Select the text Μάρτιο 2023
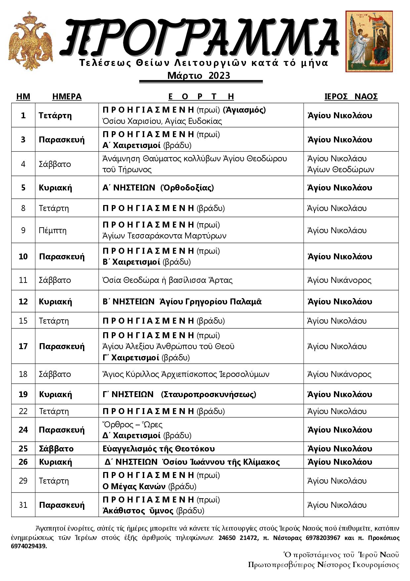pos(198,76)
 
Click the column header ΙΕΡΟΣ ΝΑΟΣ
pos(350,96)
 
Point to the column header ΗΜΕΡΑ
pos(67,96)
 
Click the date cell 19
pos(23,394)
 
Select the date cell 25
pos(23,449)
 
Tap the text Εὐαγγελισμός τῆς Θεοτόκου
pos(159,449)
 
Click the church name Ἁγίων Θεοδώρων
pos(341,170)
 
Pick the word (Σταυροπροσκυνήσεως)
pos(209,394)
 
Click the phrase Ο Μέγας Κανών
pos(134,486)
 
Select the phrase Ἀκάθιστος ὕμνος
pos(138,510)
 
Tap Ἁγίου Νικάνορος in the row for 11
pos(339,280)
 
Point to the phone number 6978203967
pos(322,538)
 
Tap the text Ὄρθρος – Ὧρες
pos(133,424)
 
